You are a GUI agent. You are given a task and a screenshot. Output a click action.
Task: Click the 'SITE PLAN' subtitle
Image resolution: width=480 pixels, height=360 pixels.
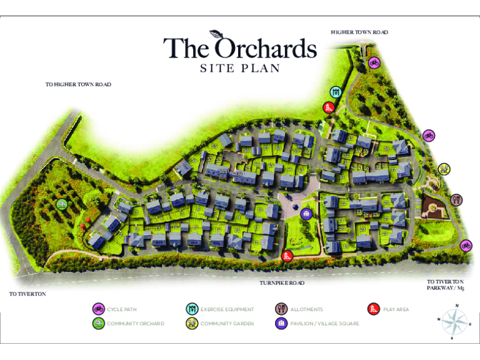pos(239,69)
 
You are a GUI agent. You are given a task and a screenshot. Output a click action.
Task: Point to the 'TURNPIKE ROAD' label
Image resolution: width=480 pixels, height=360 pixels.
pos(282,283)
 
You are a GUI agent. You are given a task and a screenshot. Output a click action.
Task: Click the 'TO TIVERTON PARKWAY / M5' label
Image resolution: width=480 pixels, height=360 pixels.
pos(446,285)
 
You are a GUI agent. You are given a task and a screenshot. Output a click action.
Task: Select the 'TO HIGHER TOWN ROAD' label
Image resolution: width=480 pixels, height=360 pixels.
pos(78,84)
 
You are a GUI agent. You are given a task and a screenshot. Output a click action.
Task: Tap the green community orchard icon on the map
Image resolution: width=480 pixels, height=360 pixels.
pos(61,204)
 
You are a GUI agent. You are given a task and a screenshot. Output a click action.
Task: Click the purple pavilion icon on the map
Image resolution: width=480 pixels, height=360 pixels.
pos(306,214)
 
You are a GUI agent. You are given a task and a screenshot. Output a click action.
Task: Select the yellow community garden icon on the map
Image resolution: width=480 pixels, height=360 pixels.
pos(444,168)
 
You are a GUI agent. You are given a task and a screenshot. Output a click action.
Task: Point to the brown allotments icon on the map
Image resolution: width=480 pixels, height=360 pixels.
pos(456,199)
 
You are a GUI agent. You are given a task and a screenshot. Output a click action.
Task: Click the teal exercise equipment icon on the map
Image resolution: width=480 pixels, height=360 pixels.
pos(336,92)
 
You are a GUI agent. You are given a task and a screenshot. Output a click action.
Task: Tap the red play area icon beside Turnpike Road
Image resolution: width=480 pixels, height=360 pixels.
pos(287,255)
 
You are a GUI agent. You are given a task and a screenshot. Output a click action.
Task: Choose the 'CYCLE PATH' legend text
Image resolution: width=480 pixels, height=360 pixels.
pos(121,309)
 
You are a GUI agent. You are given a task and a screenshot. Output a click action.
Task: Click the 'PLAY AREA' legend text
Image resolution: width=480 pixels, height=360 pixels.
pos(396,309)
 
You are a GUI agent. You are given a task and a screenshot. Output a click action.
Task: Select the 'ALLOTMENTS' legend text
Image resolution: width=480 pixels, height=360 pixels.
pos(306,309)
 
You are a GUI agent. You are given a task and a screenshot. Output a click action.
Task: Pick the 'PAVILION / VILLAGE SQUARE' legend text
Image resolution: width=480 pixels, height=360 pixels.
pos(324,324)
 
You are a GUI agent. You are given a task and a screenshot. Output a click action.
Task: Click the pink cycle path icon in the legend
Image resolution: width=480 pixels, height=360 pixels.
pos(98,309)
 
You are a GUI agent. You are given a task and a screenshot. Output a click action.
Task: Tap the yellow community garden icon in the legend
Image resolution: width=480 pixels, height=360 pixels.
pos(192,323)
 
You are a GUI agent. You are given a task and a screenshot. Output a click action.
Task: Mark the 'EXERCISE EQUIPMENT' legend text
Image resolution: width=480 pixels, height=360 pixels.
pos(227,309)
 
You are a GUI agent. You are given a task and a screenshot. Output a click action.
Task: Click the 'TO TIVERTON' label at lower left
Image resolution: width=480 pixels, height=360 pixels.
pos(27,293)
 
